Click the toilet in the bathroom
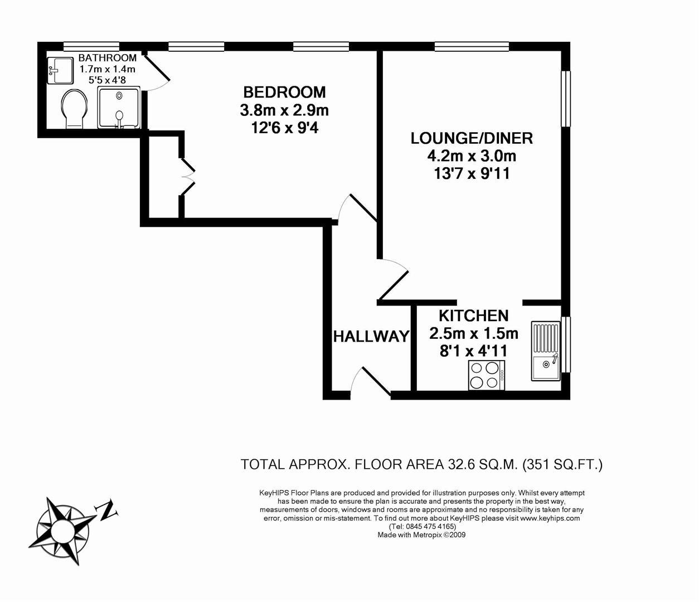(75, 109)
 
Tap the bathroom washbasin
(60, 70)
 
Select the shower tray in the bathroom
(118, 108)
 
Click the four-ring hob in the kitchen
(486, 375)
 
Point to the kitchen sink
(546, 351)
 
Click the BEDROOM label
(284, 92)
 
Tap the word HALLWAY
(371, 336)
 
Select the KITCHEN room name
(473, 315)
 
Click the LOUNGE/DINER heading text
(472, 138)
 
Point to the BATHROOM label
(108, 58)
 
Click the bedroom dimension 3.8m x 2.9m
(284, 110)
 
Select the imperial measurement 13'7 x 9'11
(472, 174)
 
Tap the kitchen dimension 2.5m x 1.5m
(473, 333)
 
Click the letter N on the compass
(107, 510)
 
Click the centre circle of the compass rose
(62, 530)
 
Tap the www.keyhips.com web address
(550, 518)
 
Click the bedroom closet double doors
(187, 177)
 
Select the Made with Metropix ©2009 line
(421, 535)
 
